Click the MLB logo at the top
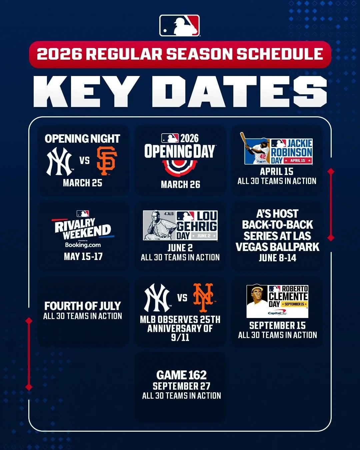180,26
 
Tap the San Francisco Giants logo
107,161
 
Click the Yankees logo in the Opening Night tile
59,162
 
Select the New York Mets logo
203,296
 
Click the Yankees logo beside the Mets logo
157,297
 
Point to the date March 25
83,183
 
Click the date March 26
180,184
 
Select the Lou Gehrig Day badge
180,225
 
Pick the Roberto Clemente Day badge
277,301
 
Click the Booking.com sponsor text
83,245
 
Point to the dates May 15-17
83,256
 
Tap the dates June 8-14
277,258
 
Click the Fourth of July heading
83,306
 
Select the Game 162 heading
181,375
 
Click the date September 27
181,386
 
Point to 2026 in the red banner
59,54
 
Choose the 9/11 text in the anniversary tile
180,337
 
